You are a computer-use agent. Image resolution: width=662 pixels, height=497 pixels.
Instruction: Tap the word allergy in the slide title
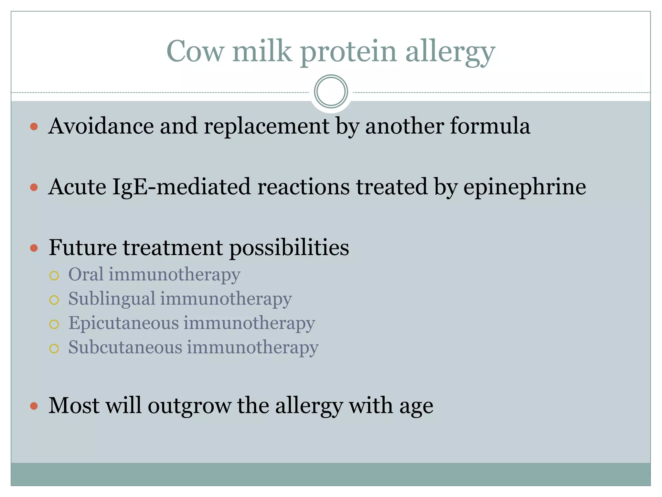450,52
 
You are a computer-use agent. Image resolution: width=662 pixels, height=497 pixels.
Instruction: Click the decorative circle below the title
331,92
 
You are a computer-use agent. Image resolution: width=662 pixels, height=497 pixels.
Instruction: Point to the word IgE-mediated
181,187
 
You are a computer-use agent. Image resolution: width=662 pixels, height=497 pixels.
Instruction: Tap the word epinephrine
524,187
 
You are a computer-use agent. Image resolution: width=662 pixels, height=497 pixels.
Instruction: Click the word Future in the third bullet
82,248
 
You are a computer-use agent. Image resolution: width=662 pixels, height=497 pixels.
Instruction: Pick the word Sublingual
112,299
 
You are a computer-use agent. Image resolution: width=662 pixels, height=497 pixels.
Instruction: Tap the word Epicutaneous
123,323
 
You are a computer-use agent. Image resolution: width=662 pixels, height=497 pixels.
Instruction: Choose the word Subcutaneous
125,347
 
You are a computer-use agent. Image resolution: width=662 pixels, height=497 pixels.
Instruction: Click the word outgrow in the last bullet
189,406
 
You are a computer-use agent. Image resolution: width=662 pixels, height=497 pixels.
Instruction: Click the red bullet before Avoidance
34,127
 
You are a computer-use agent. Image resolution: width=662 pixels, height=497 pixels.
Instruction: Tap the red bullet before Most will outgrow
34,406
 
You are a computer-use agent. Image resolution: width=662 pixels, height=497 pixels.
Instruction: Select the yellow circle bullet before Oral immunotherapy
54,276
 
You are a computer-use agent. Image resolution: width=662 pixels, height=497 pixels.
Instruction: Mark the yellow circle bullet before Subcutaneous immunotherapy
54,348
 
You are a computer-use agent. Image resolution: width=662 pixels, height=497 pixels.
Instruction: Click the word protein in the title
348,52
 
